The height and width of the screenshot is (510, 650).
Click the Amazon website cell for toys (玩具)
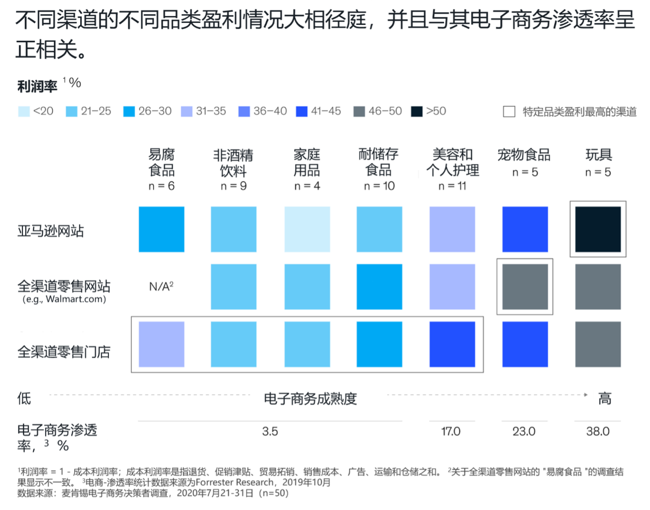[x=597, y=229]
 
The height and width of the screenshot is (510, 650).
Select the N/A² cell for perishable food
[x=161, y=286]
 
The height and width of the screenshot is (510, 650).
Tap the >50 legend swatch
[x=417, y=111]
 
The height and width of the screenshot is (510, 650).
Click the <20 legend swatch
[x=23, y=111]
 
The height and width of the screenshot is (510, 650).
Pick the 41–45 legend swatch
[x=302, y=111]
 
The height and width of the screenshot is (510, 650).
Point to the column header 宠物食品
[x=524, y=155]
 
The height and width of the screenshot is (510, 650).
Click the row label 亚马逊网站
[x=51, y=231]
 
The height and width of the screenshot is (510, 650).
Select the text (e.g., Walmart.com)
[x=64, y=299]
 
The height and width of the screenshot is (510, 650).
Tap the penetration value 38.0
[x=597, y=431]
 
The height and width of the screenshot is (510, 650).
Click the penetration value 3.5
[x=270, y=431]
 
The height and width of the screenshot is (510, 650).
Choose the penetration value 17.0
[x=451, y=431]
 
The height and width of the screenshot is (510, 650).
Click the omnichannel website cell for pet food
[x=525, y=286]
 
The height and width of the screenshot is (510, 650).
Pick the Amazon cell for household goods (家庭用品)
[x=307, y=229]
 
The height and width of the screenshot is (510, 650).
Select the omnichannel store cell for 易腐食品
[x=161, y=344]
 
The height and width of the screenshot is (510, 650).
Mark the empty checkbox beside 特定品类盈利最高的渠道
[x=509, y=112]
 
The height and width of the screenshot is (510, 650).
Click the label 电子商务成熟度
[x=310, y=399]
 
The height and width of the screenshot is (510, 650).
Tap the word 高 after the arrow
[x=604, y=399]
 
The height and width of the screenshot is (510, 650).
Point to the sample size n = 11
[x=452, y=186]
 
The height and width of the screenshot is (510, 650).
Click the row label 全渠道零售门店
[x=64, y=352]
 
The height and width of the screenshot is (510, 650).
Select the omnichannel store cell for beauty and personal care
[x=452, y=344]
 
